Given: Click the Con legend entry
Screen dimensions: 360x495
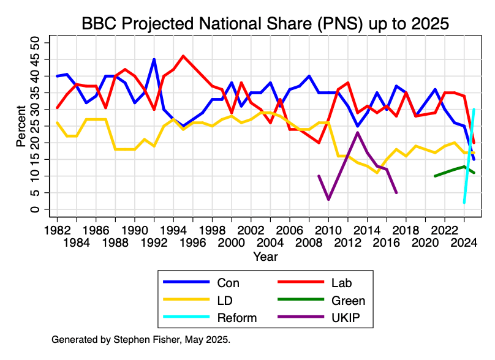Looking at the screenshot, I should tap(228, 283).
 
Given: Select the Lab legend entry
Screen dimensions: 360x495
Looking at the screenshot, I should tap(342, 283).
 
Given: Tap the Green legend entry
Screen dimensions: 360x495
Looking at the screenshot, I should tap(348, 301).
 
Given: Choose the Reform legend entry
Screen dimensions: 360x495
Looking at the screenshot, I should tap(237, 318).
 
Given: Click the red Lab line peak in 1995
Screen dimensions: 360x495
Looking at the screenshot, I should tap(183, 56).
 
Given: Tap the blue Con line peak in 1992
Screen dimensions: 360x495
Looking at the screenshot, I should tap(154, 59).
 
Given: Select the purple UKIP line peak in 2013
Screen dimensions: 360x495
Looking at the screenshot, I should tap(358, 132).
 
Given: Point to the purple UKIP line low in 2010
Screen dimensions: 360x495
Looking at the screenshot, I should tap(328, 200).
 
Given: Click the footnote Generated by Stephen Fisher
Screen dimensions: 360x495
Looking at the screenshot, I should tap(141, 339).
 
